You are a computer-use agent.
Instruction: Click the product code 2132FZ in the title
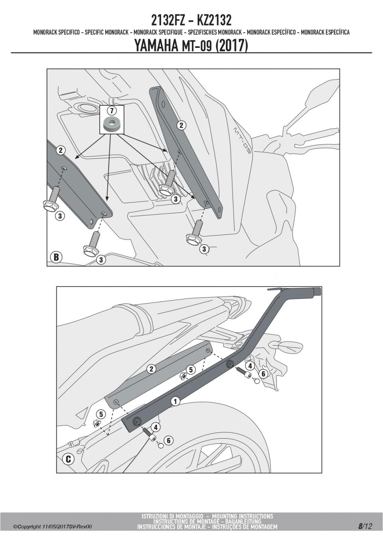point(168,21)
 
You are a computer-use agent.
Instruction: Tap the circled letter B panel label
point(56,257)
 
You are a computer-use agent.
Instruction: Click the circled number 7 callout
point(112,111)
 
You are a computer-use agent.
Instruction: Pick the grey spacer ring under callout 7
point(112,124)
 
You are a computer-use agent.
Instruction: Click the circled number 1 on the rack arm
point(175,402)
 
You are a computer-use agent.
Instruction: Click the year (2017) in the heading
point(232,45)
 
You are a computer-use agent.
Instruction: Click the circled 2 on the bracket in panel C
point(151,369)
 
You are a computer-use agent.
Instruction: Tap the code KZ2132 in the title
point(214,21)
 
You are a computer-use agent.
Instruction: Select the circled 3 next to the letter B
point(101,260)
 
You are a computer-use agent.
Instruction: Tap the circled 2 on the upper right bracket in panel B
point(182,125)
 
